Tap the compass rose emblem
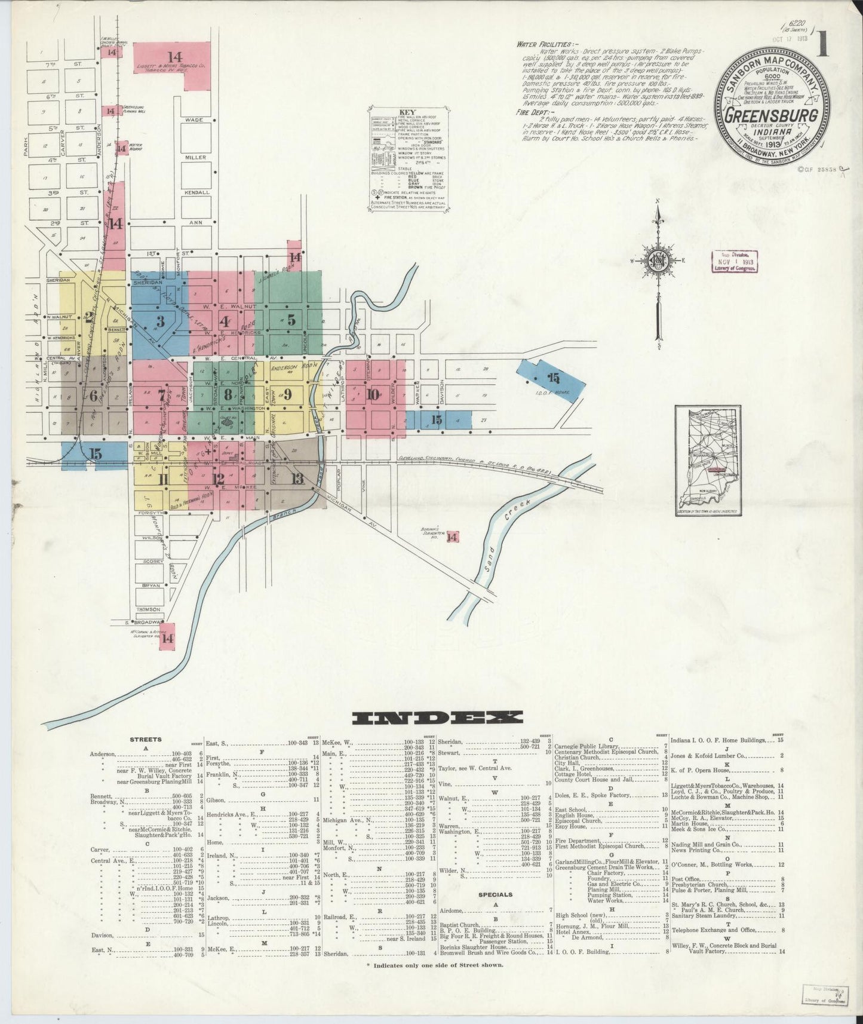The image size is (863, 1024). click(x=657, y=261)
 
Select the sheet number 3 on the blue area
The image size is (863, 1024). click(x=159, y=320)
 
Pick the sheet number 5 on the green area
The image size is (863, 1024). click(x=291, y=319)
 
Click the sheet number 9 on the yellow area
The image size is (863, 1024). click(x=287, y=393)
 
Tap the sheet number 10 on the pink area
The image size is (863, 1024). click(x=373, y=394)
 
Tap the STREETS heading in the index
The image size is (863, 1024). click(x=146, y=740)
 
